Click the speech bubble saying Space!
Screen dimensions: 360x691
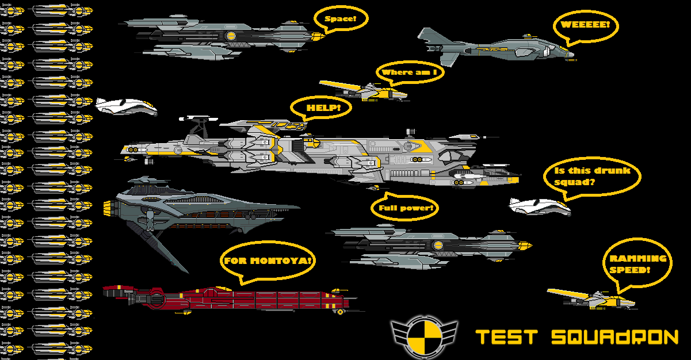click(x=341, y=18)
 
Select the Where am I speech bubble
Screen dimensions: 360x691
click(x=410, y=72)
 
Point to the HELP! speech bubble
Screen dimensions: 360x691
click(x=320, y=107)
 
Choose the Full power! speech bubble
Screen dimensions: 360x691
click(x=405, y=208)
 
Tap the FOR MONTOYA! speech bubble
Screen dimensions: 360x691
click(x=268, y=261)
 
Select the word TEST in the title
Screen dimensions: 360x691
click(x=507, y=337)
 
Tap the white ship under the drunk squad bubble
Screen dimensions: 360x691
click(x=539, y=206)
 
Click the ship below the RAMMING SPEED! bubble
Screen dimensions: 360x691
click(x=593, y=298)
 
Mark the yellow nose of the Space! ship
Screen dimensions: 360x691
click(x=316, y=36)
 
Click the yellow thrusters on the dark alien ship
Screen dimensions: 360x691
click(x=107, y=212)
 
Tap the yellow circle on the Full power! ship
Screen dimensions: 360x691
click(x=438, y=246)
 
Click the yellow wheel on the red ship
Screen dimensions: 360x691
click(x=341, y=312)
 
